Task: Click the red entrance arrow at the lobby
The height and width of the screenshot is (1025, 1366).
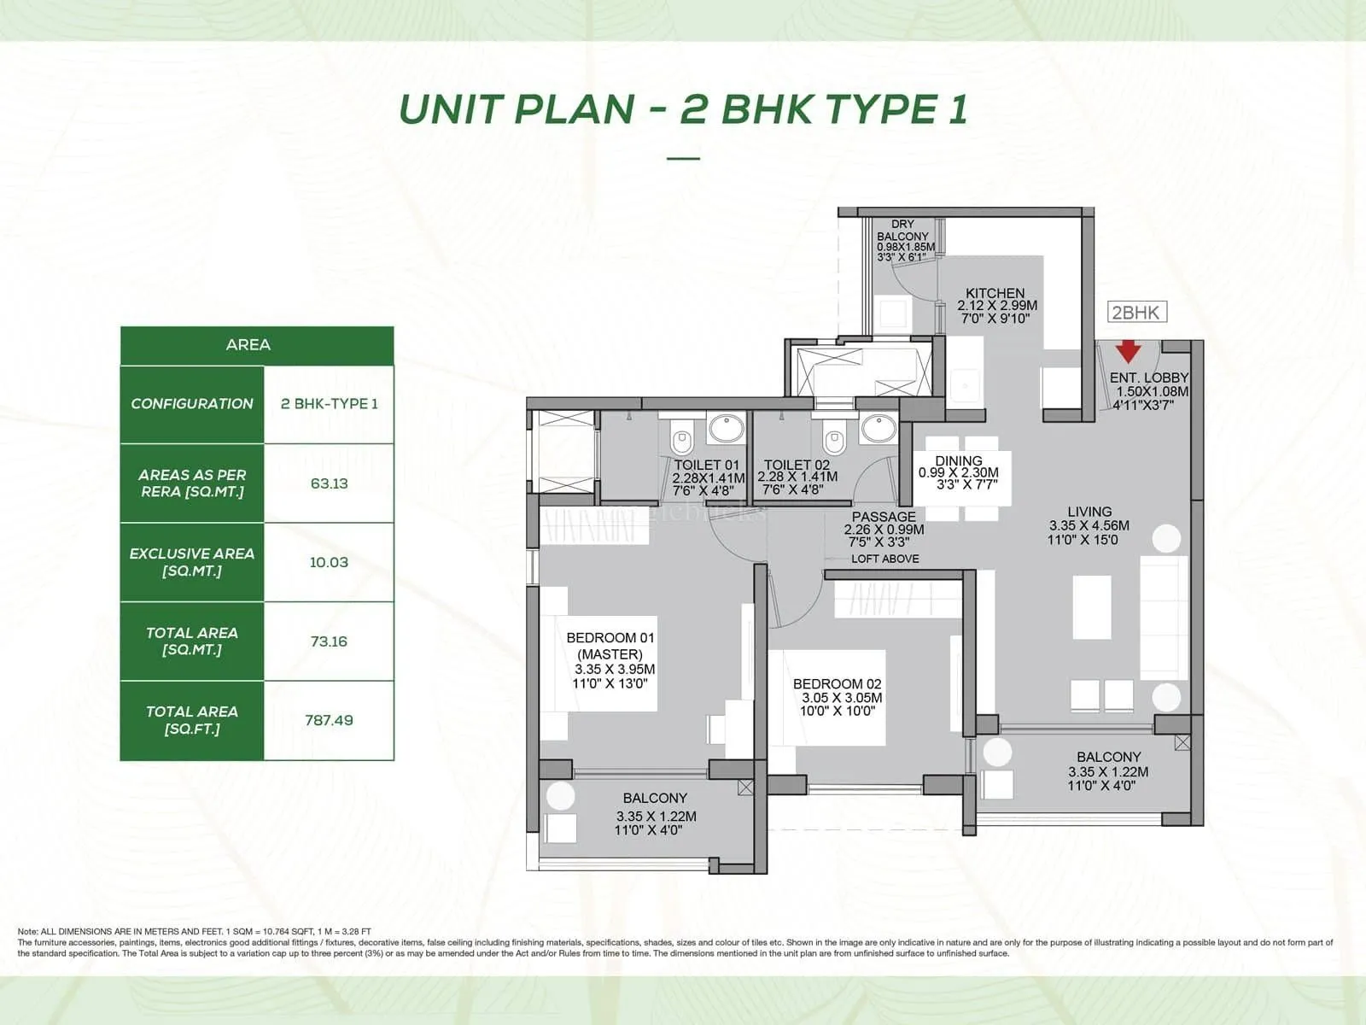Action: (1128, 350)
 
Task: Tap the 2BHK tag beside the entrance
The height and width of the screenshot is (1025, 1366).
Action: (1135, 313)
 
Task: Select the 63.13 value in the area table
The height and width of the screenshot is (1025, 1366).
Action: (329, 483)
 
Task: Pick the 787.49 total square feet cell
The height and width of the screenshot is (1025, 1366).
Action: (329, 720)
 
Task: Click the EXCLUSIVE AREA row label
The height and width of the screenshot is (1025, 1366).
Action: (192, 562)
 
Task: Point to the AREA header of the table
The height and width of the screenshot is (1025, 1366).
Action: (248, 345)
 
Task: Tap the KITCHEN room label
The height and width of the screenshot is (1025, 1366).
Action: (995, 293)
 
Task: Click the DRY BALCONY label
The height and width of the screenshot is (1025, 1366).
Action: (902, 231)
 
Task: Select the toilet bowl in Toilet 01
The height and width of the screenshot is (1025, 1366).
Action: (681, 441)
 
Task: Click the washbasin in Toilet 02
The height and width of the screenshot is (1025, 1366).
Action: (878, 426)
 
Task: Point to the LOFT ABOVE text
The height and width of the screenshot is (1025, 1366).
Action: (884, 559)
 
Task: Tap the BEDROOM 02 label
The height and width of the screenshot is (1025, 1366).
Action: (837, 684)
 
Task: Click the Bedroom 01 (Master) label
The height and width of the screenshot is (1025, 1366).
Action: (610, 646)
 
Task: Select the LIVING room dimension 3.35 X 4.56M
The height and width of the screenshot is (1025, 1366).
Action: (1089, 526)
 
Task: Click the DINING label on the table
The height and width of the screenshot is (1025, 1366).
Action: (958, 461)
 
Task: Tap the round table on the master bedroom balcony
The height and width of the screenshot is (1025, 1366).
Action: (560, 796)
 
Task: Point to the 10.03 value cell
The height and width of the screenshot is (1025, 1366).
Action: (329, 562)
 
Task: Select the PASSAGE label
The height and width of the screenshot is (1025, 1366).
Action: (884, 517)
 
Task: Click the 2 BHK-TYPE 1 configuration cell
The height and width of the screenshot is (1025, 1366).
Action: (329, 404)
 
